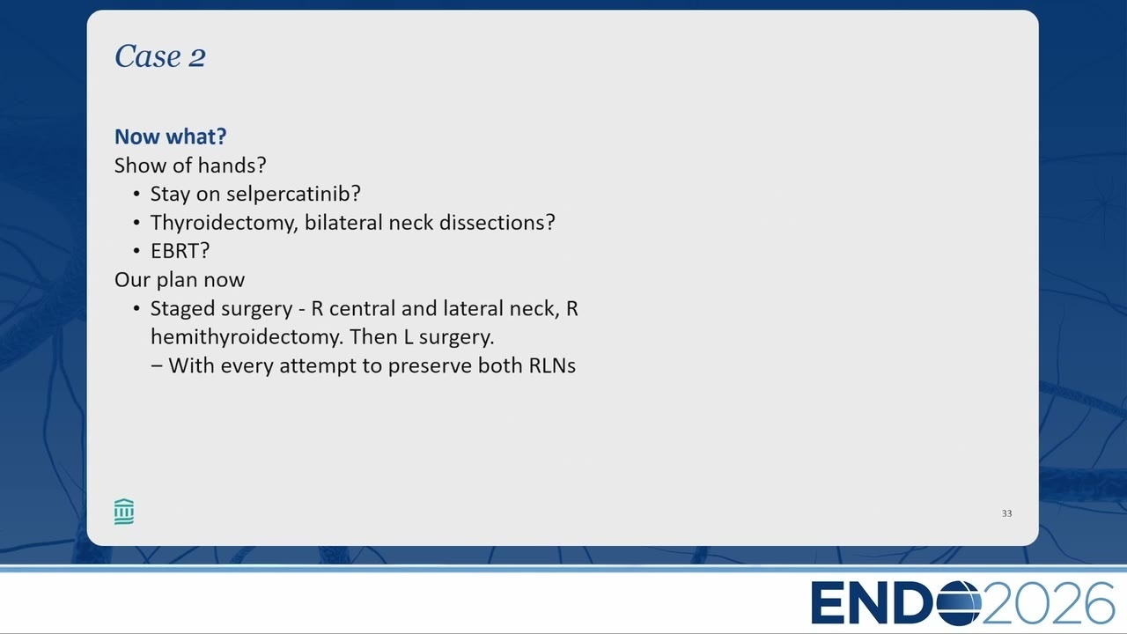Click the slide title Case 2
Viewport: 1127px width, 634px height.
coord(160,55)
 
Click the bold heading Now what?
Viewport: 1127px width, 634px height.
coord(171,136)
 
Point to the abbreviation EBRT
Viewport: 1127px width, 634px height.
coord(175,251)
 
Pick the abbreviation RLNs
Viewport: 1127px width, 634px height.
coord(552,365)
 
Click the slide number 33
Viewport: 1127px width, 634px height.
coord(1006,513)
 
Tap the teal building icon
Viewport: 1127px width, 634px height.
coord(124,512)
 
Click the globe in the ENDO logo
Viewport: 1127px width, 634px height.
coord(959,603)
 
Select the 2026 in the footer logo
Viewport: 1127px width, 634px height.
coord(1048,603)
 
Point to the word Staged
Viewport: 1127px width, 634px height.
coord(186,309)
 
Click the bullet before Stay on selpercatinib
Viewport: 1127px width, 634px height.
coord(136,195)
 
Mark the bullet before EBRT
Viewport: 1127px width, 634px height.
coord(136,251)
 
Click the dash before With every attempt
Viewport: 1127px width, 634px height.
coord(157,366)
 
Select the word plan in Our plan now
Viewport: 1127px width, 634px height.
coord(175,280)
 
